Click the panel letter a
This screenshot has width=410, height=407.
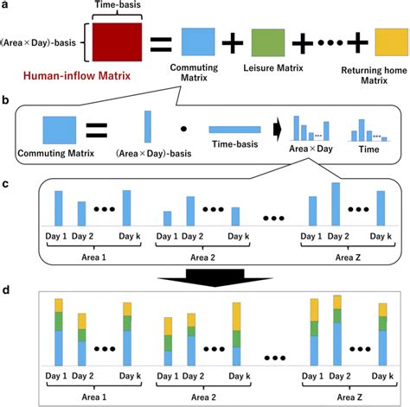pyautogui.click(x=7, y=6)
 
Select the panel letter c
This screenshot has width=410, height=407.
pyautogui.click(x=7, y=182)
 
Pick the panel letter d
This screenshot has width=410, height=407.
pyautogui.click(x=7, y=286)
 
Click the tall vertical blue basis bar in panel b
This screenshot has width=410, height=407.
pyautogui.click(x=146, y=127)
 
